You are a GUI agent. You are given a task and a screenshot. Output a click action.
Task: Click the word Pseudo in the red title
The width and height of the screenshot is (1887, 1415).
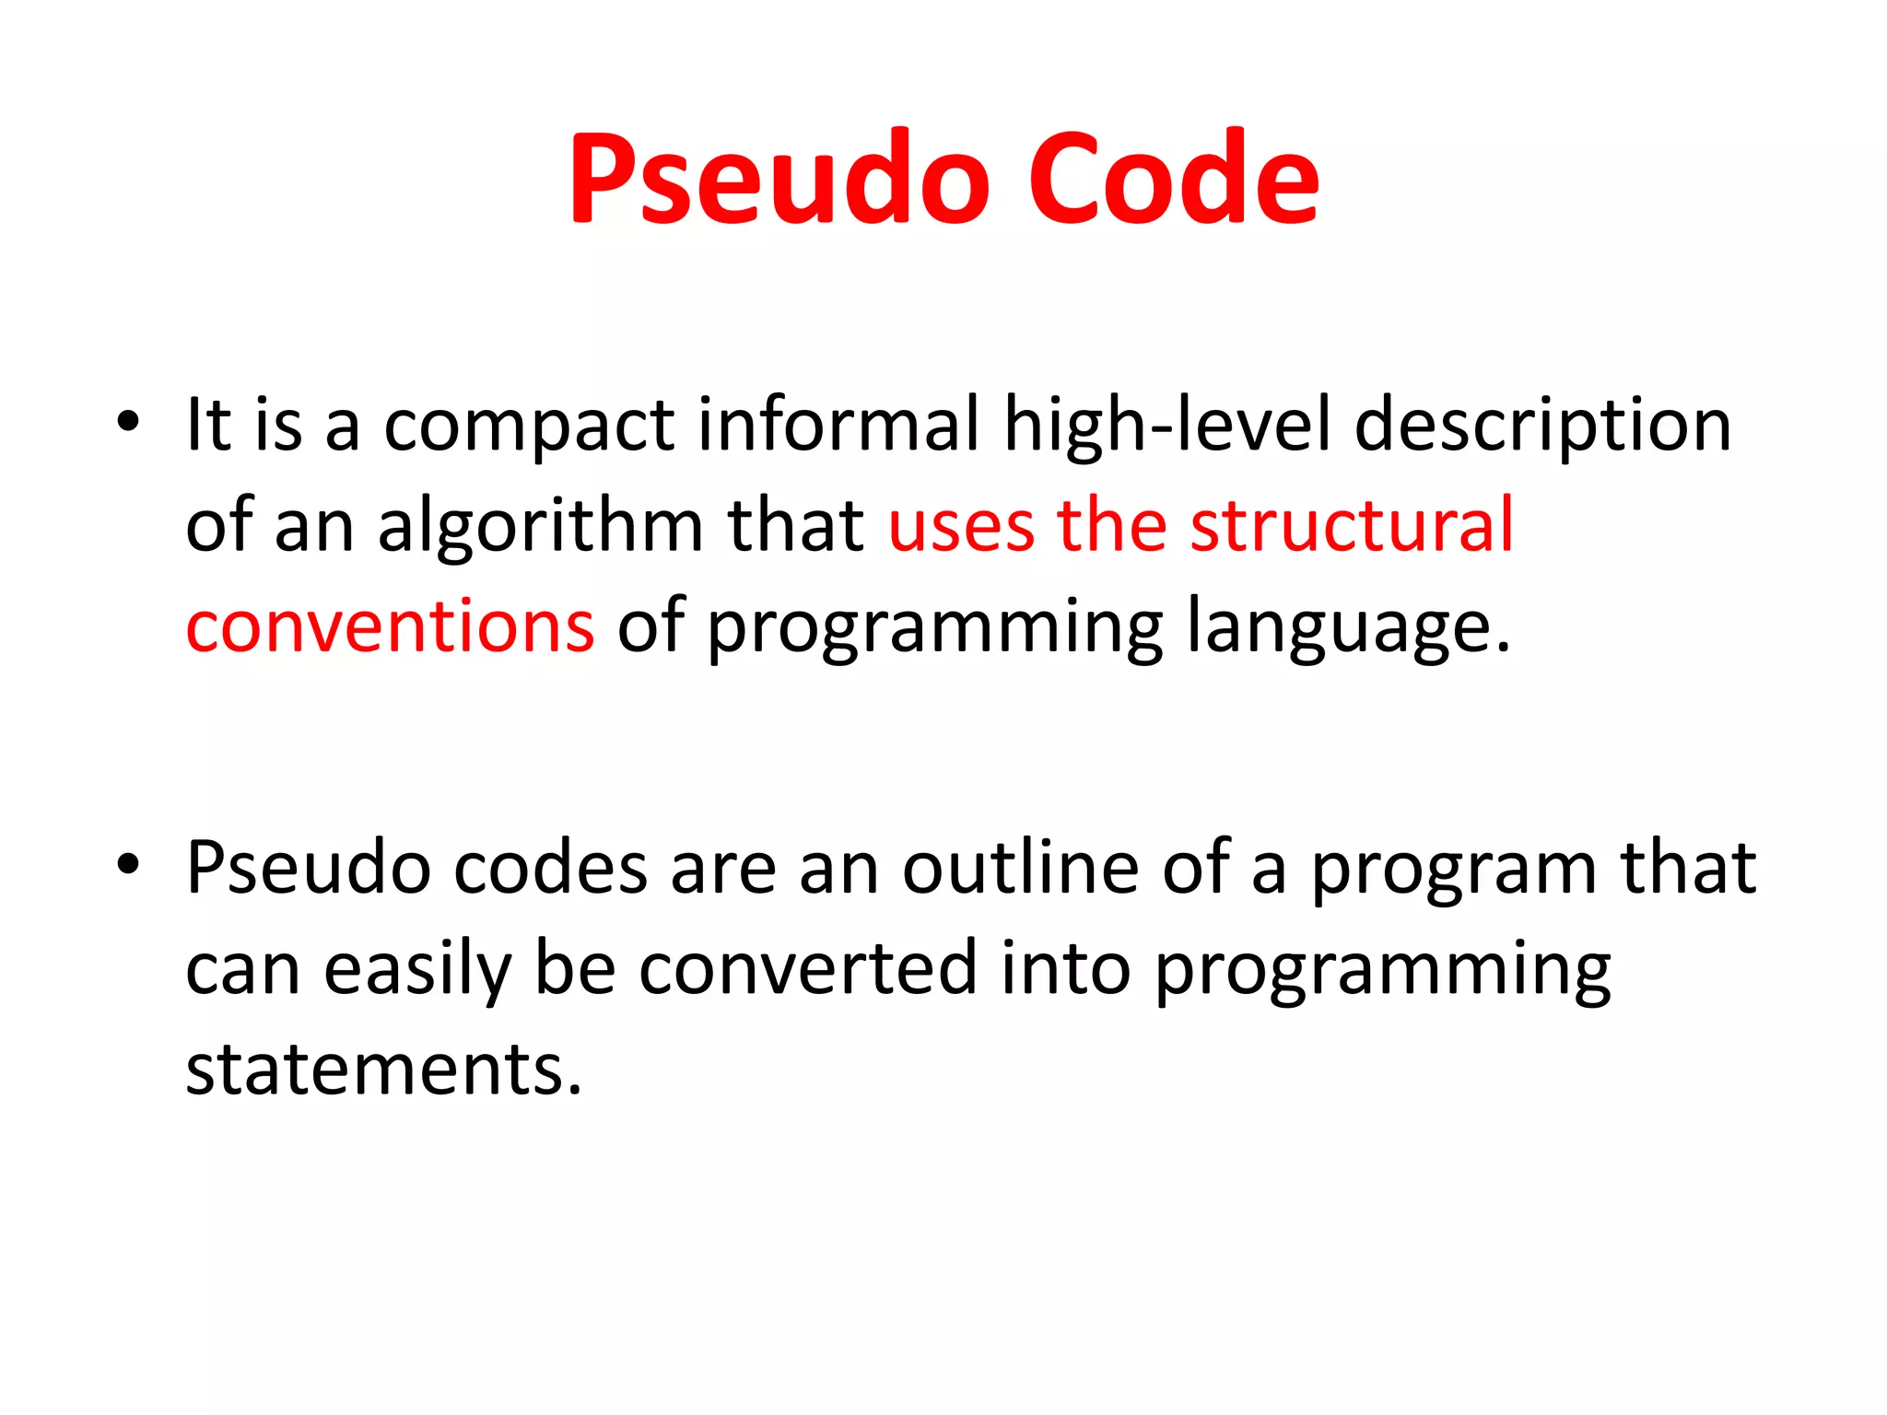point(779,179)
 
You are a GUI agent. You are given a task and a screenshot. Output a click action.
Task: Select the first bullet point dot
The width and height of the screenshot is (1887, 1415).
point(128,423)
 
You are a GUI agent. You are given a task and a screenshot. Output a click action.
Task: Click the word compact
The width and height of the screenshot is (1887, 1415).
point(529,427)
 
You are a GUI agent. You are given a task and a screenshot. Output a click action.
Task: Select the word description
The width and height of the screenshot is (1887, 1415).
point(1542,427)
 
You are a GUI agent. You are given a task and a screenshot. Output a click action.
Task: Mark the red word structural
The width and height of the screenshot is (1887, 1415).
point(1352,526)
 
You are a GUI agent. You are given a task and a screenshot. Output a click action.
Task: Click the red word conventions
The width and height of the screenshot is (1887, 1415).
point(390,627)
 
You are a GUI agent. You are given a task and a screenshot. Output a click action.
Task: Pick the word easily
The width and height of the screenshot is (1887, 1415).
point(417,970)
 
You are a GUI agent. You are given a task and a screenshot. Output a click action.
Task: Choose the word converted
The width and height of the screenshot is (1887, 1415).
point(807,968)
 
